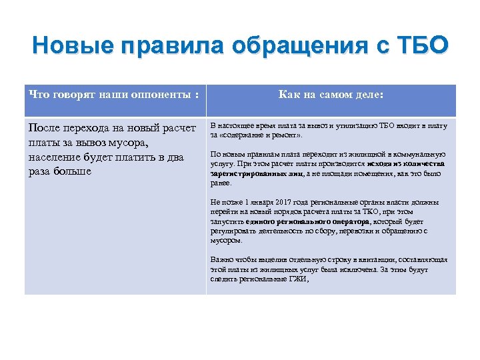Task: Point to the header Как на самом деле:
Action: pyautogui.click(x=331, y=95)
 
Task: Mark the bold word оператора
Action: pyautogui.click(x=343, y=221)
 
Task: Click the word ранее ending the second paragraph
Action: pyautogui.click(x=221, y=182)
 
